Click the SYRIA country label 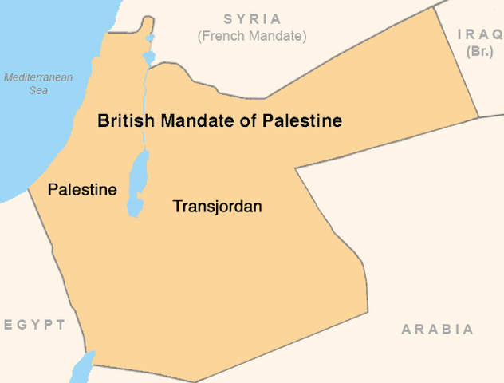pyautogui.click(x=252, y=19)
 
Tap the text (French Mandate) pyautogui.click(x=252, y=36)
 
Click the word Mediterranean pyautogui.click(x=38, y=77)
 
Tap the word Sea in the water pyautogui.click(x=37, y=90)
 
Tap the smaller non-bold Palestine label pyautogui.click(x=82, y=190)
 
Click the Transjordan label pyautogui.click(x=218, y=207)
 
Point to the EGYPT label pyautogui.click(x=33, y=325)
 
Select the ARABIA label pyautogui.click(x=437, y=329)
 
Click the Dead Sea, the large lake pyautogui.click(x=137, y=184)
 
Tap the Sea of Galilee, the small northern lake pyautogui.click(x=149, y=57)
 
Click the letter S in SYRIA pyautogui.click(x=228, y=19)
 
